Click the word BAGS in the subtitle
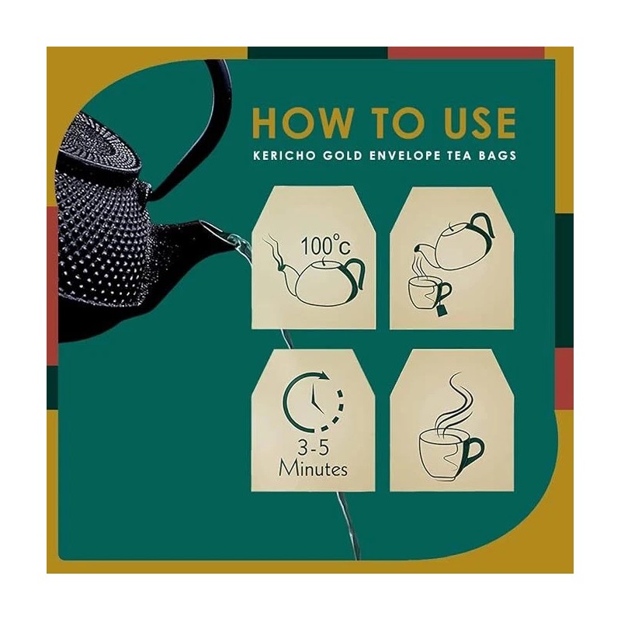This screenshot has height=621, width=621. click(x=498, y=155)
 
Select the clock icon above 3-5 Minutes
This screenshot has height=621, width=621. click(x=314, y=400)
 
